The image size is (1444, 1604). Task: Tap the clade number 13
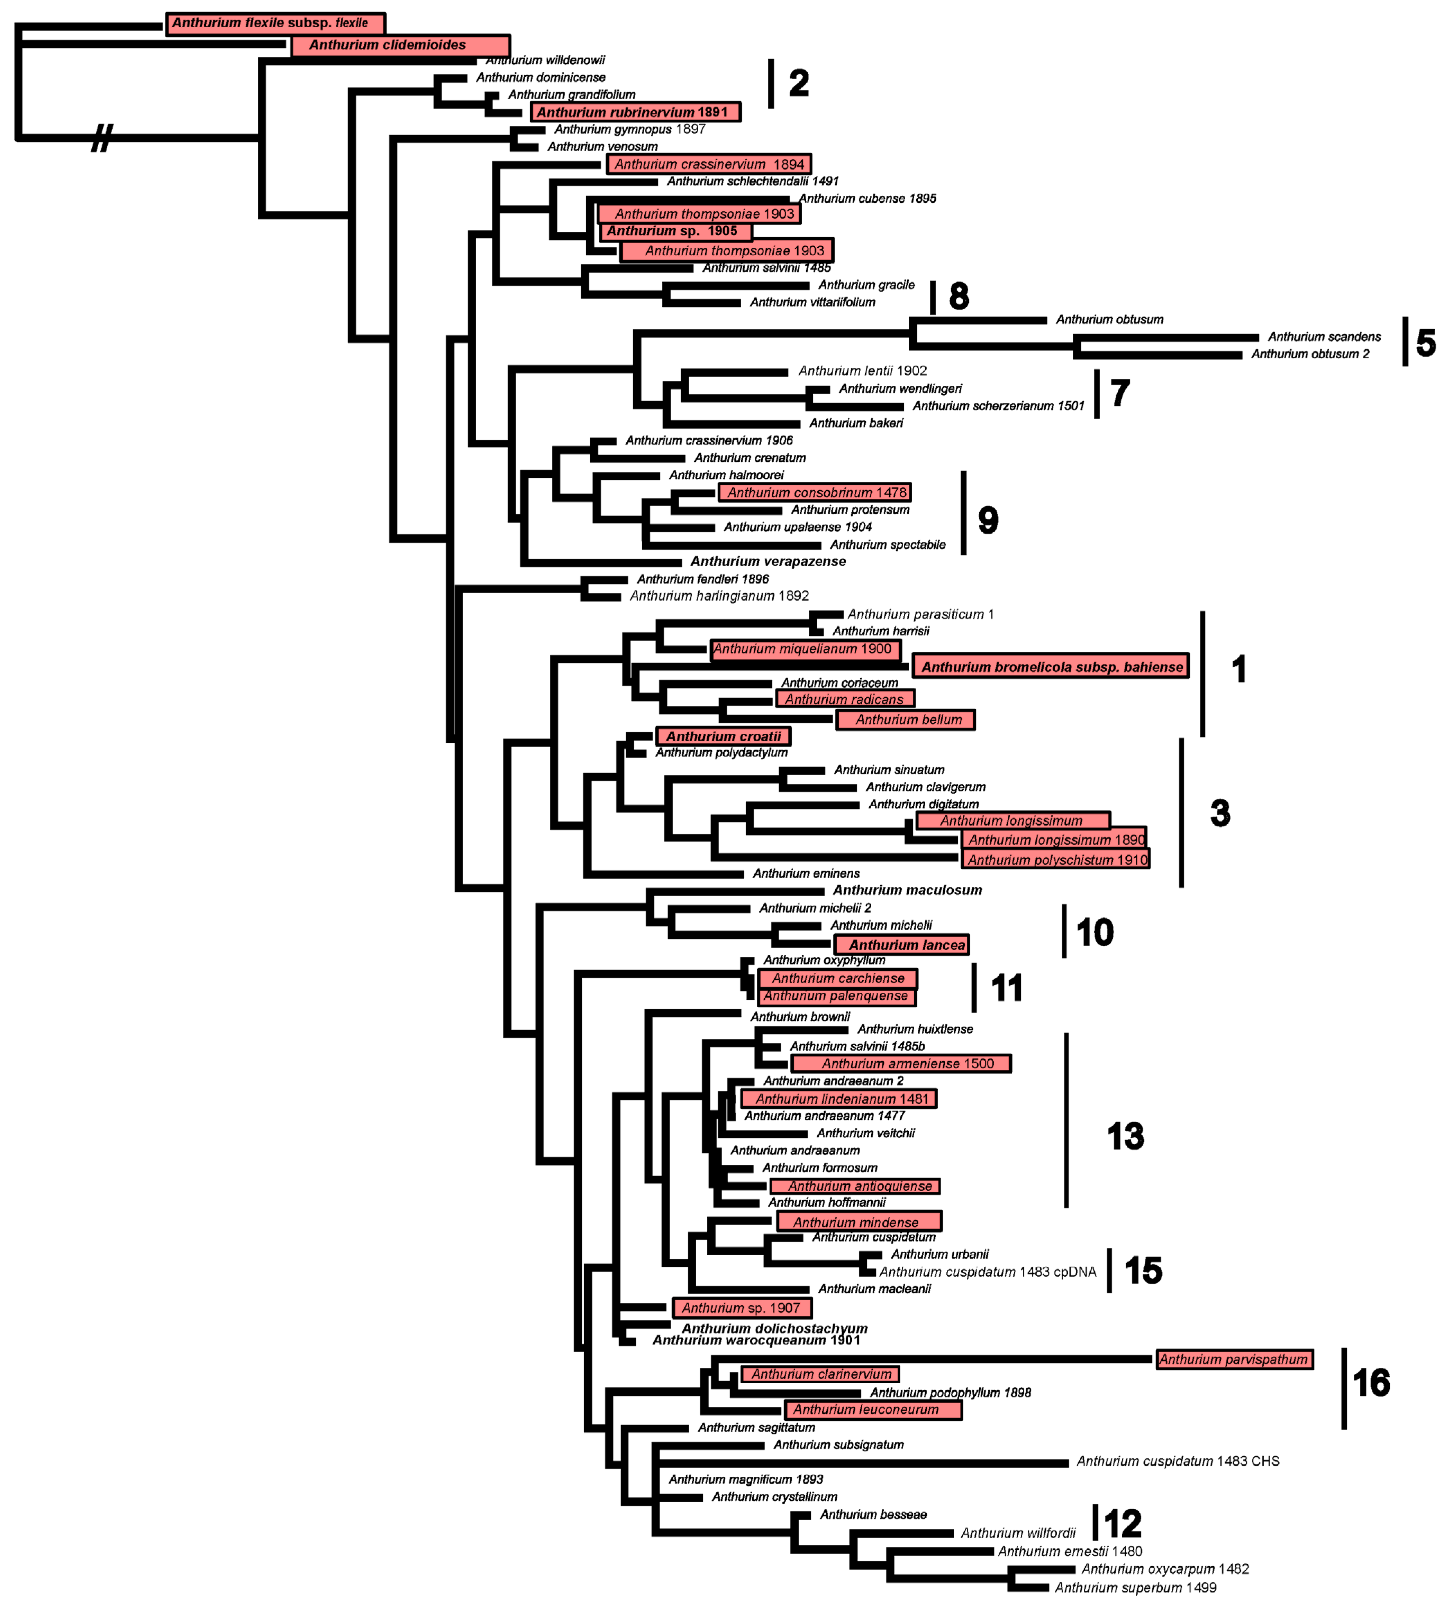[1125, 1136]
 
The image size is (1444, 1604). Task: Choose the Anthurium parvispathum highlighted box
[1234, 1359]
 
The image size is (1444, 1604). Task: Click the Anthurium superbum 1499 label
[1135, 1587]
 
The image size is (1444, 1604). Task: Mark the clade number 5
[1425, 343]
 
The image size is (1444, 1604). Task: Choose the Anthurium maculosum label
[907, 890]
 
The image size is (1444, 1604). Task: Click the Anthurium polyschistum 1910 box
[1056, 860]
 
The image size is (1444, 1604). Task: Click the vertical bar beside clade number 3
[1181, 813]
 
